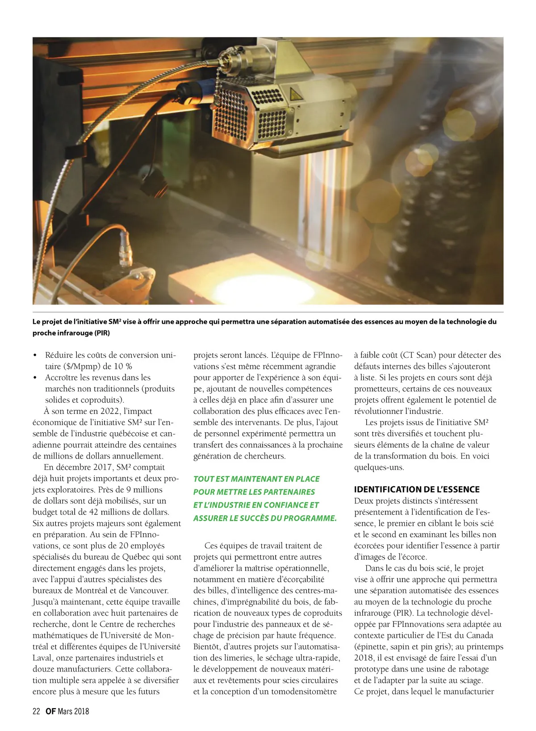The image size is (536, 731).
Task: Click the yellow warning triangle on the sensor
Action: coord(294,94)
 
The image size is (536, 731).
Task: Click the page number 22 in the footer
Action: coord(37,711)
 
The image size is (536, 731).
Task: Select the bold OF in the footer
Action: coord(50,711)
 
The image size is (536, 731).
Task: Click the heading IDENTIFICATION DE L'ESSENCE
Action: coord(417,489)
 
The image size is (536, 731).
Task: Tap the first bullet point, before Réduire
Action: coord(35,355)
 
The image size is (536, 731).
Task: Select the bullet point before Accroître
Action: coord(35,378)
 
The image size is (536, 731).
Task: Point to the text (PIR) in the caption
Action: coord(102,333)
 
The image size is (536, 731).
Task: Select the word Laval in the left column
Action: coord(43,658)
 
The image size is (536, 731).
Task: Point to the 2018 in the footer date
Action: coord(81,711)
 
